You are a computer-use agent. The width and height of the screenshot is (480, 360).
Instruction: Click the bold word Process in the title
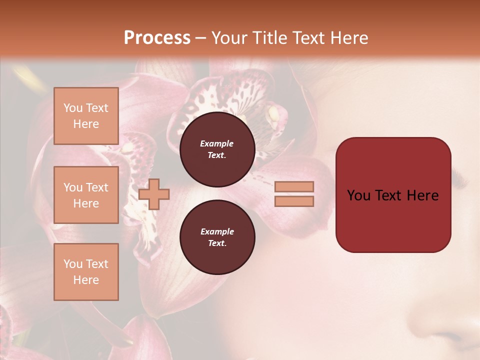[157, 38]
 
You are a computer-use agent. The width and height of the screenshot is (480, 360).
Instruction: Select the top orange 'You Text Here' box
[86, 116]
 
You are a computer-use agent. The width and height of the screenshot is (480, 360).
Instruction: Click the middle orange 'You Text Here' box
[86, 195]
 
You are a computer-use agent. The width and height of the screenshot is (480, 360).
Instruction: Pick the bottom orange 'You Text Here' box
[86, 272]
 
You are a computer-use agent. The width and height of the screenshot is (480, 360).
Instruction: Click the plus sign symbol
[154, 194]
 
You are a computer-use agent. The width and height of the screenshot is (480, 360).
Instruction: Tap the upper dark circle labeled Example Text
[217, 149]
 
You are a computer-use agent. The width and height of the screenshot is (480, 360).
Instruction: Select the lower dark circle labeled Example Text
[217, 237]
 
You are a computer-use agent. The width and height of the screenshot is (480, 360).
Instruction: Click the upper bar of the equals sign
[294, 186]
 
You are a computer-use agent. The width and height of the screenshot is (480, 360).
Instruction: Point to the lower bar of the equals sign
[294, 201]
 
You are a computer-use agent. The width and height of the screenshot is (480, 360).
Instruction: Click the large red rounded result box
[393, 194]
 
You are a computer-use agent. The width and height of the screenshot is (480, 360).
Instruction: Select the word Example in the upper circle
[217, 143]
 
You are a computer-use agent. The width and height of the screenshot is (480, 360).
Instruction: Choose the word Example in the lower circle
[217, 231]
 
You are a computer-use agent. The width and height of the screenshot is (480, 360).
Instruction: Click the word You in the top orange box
[73, 108]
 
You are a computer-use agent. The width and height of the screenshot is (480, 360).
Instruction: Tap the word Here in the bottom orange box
[86, 280]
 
